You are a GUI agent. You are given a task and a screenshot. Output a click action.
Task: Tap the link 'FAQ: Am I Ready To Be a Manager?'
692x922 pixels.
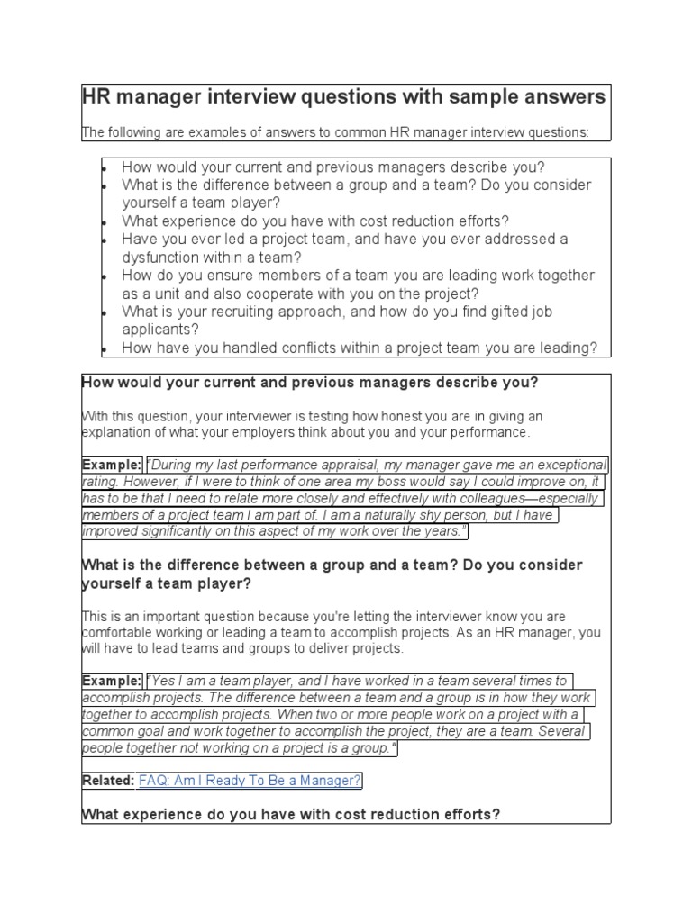coord(250,781)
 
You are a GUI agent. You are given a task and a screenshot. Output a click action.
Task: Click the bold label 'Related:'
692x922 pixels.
coord(108,781)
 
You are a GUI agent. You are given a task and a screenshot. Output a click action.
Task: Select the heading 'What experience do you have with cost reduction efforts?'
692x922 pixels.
coord(291,815)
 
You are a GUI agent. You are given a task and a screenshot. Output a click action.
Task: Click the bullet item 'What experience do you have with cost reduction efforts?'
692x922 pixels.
coord(315,221)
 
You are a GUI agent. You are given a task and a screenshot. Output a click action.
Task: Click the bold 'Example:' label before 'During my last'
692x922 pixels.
coord(112,466)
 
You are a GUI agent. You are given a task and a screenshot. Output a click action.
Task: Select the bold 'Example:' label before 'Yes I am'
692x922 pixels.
coord(112,682)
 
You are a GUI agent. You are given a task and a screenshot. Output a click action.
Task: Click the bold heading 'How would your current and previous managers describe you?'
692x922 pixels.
coord(310,383)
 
